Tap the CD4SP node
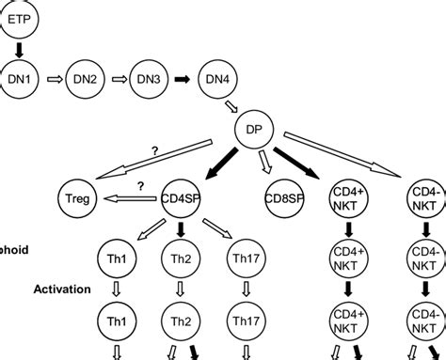[x=179, y=197]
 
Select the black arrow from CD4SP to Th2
[x=179, y=229]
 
